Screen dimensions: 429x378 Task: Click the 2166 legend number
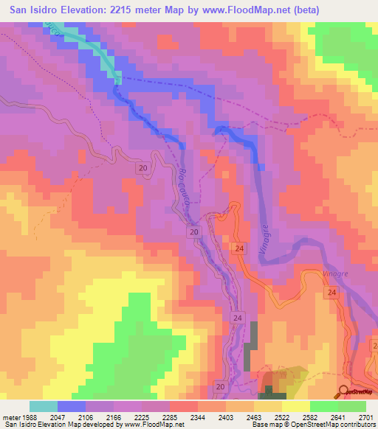click(x=126, y=419)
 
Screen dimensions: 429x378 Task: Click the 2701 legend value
click(x=366, y=419)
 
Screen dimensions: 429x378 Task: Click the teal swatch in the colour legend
click(x=43, y=406)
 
